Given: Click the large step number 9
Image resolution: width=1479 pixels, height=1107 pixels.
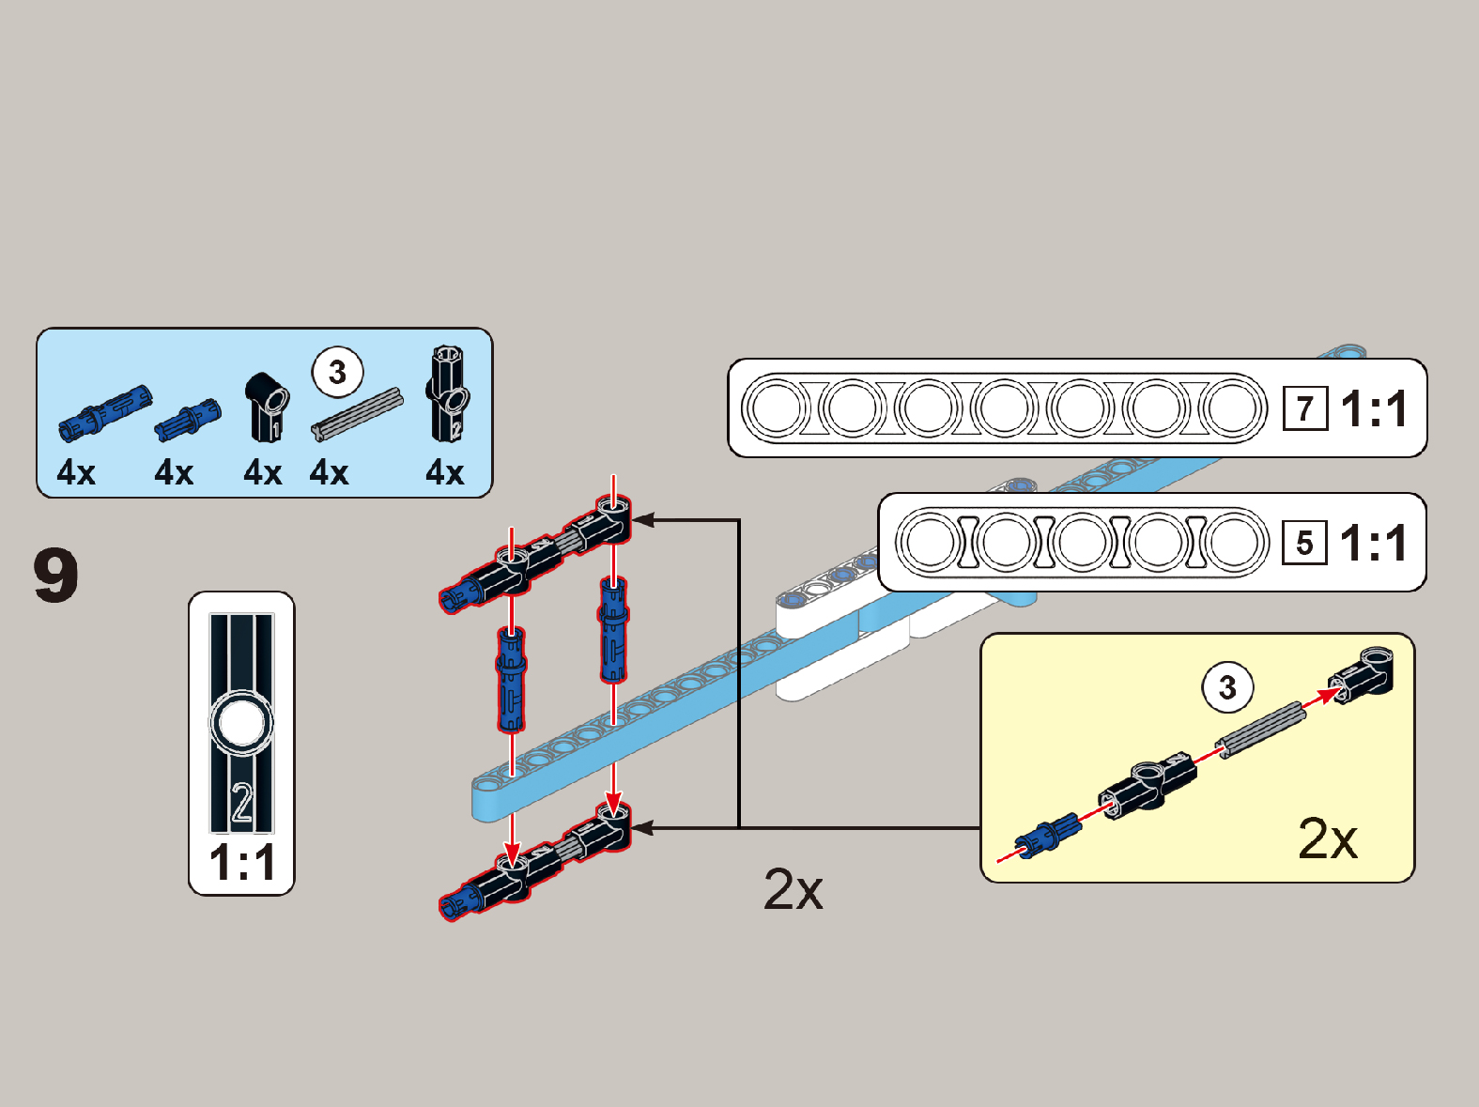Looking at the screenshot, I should pyautogui.click(x=56, y=576).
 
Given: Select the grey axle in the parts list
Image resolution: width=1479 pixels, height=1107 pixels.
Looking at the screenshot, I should pyautogui.click(x=357, y=414).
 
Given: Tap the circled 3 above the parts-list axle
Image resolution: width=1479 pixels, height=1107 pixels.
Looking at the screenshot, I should pyautogui.click(x=337, y=372).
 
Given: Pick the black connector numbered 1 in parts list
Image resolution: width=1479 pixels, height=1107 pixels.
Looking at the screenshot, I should pyautogui.click(x=267, y=406).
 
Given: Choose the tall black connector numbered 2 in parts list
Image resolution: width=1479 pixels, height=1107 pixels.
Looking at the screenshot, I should pyautogui.click(x=448, y=393).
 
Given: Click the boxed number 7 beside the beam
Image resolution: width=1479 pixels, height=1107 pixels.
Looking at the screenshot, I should pyautogui.click(x=1304, y=409).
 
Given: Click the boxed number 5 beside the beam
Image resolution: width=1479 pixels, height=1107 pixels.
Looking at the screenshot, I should pyautogui.click(x=1304, y=544).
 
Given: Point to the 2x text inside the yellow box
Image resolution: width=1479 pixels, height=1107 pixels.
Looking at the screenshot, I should pyautogui.click(x=1327, y=838).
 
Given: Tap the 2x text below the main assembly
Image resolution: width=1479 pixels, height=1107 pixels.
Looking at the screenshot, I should pyautogui.click(x=793, y=889).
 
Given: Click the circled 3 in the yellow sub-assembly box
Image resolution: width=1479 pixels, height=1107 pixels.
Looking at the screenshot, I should pyautogui.click(x=1227, y=687).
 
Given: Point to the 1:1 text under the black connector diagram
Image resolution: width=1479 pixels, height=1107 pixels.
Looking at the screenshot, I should pyautogui.click(x=242, y=863).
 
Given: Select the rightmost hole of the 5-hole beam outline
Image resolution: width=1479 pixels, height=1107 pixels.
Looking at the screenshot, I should pyautogui.click(x=1234, y=543).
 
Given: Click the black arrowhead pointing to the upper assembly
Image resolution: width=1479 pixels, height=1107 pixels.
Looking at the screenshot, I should pyautogui.click(x=643, y=519).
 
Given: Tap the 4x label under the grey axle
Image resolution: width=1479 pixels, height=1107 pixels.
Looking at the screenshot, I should pyautogui.click(x=329, y=472).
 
